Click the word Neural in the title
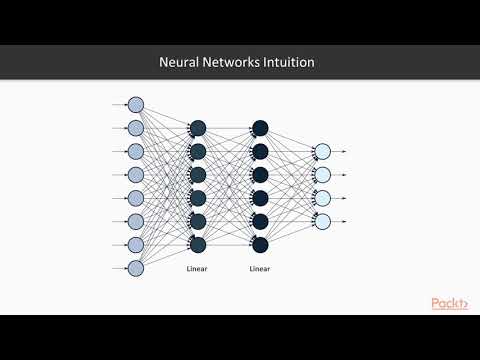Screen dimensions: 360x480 pos(182,62)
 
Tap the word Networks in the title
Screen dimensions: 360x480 pos(234,62)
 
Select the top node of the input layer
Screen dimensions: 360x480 pos(136,105)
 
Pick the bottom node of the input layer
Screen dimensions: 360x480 pos(136,268)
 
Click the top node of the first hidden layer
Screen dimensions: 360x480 pos(197,128)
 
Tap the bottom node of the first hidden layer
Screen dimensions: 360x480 pos(197,244)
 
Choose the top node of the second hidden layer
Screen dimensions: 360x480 pos(260,128)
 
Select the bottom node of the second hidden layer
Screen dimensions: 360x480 pos(260,244)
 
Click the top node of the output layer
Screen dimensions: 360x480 pos(322,151)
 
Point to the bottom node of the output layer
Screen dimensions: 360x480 pos(322,221)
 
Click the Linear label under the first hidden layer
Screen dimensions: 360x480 pos(197,269)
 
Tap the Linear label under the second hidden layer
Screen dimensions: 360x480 pos(260,269)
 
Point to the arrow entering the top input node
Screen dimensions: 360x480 pos(118,105)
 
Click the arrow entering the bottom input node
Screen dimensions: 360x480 pos(118,268)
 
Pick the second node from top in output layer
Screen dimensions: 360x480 pos(322,174)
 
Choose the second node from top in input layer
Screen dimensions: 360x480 pos(136,128)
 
